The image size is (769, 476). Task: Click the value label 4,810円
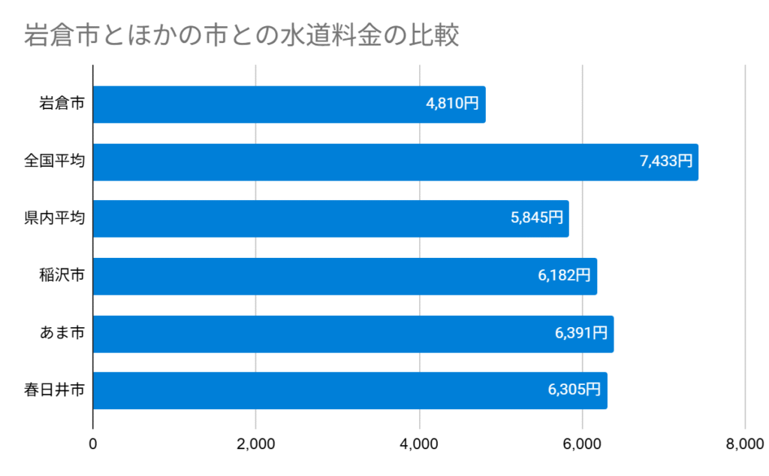(452, 105)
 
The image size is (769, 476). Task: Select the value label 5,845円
(536, 218)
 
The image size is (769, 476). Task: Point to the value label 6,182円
(564, 276)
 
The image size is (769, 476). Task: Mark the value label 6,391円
(581, 333)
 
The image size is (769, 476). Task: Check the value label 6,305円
(574, 390)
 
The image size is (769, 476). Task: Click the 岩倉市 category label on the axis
(62, 105)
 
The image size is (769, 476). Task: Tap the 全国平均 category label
(54, 162)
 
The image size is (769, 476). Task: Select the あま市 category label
(62, 334)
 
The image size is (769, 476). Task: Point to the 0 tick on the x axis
(93, 444)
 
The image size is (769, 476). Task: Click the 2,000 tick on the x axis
(256, 444)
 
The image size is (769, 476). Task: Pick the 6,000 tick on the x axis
(582, 444)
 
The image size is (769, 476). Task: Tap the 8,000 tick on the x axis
(745, 444)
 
